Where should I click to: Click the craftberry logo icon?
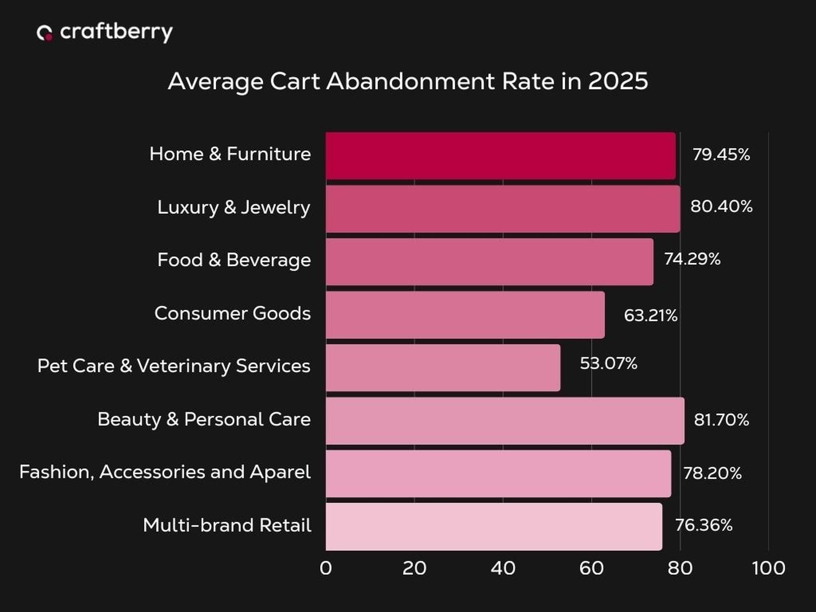click(x=44, y=33)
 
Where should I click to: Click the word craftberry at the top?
click(x=116, y=32)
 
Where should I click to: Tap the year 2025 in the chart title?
click(x=618, y=81)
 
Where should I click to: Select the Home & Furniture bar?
click(x=500, y=155)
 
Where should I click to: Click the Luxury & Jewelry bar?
click(x=503, y=209)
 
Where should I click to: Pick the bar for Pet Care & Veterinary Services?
click(x=443, y=368)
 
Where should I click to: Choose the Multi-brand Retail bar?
click(x=494, y=526)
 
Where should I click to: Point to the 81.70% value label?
click(x=721, y=420)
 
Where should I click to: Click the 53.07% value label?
click(x=608, y=363)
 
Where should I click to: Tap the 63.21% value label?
click(x=650, y=315)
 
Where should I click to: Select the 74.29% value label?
click(x=692, y=259)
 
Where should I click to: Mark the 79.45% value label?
click(x=721, y=155)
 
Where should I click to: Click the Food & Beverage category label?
click(x=234, y=260)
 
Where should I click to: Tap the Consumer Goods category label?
click(x=232, y=313)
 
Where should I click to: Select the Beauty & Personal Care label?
click(x=204, y=419)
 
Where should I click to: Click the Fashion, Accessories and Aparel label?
click(x=165, y=472)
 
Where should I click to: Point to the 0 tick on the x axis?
click(x=326, y=568)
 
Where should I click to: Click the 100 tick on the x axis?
click(x=768, y=568)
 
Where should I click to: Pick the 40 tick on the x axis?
click(x=503, y=568)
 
